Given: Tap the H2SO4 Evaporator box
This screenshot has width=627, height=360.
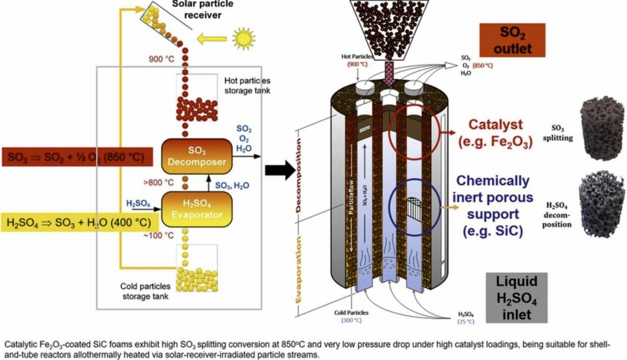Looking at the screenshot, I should click(x=195, y=209).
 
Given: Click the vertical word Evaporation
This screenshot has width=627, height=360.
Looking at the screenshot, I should click(x=299, y=269).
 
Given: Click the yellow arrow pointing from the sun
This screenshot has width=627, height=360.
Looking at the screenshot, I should click(x=211, y=40).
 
